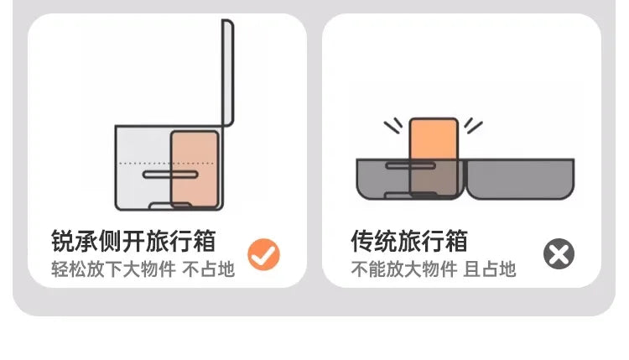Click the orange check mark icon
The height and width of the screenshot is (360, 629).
coord(263,254)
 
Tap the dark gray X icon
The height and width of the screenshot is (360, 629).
coord(559,253)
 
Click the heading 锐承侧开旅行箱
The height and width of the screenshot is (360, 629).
coord(133,241)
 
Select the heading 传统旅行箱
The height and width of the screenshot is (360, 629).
coord(409,241)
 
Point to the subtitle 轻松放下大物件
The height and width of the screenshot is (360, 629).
coord(113,269)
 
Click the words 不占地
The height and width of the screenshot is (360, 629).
coord(208,269)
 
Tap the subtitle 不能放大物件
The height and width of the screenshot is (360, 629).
coord(404,269)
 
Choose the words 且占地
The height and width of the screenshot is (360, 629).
coord(490,269)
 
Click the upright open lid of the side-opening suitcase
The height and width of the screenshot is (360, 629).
coord(228,72)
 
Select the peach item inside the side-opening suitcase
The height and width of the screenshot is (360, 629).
coord(195,169)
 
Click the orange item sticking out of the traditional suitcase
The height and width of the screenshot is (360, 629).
coord(434,157)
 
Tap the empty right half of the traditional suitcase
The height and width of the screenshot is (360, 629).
coord(521,179)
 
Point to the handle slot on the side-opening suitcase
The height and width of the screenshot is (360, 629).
coord(170,175)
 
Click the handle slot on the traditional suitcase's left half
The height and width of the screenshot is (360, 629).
coord(410,165)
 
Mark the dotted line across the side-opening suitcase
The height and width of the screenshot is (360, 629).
coord(167,164)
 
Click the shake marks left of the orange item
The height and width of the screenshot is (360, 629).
coord(393,126)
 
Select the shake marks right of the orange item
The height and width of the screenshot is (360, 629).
coord(474,126)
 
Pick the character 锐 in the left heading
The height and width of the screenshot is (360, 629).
coord(63,241)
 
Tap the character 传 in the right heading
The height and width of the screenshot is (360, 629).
coord(362,241)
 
